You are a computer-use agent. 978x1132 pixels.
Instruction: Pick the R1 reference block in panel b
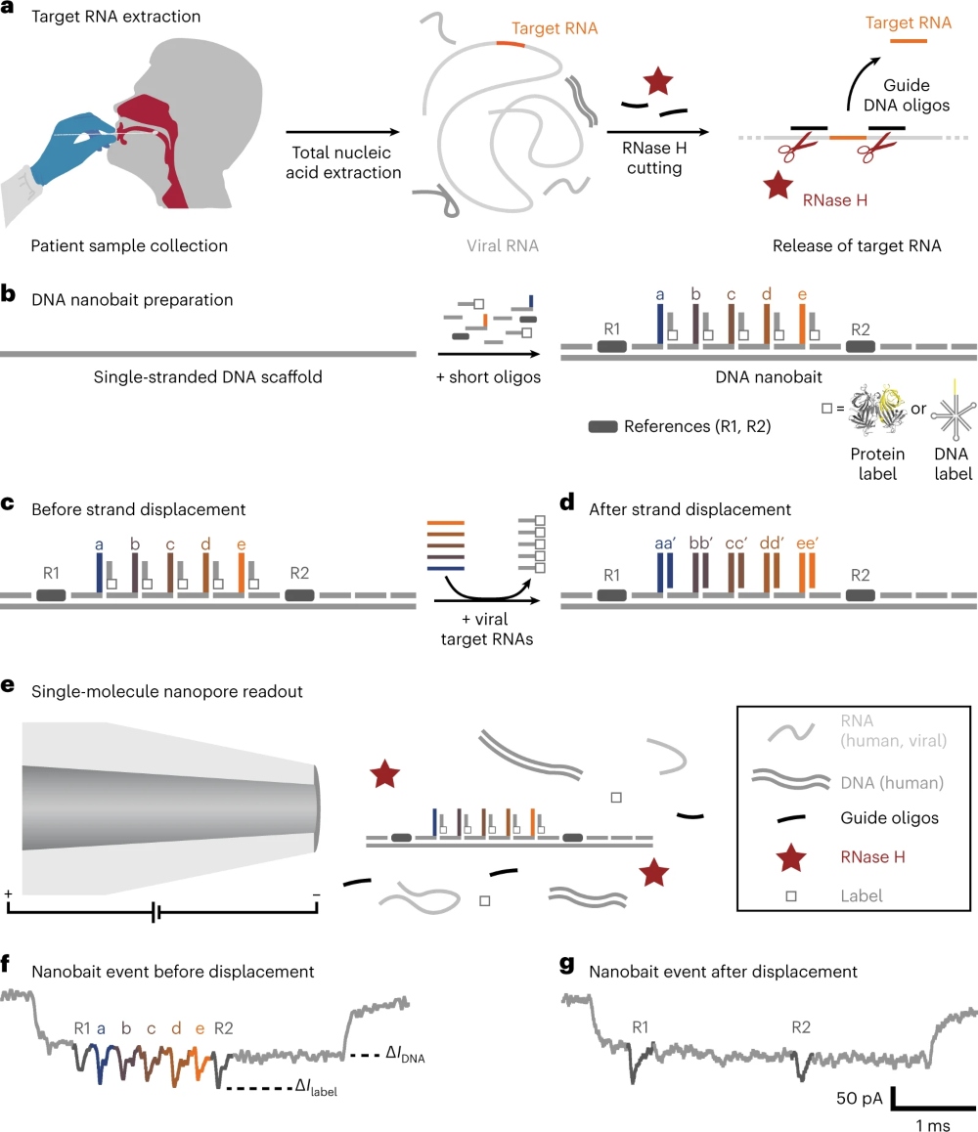tap(611, 347)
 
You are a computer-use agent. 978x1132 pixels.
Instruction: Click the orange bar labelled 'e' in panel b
tap(802, 324)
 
